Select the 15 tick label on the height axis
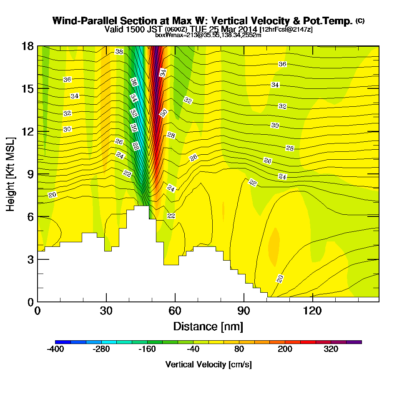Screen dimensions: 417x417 pos(27,89)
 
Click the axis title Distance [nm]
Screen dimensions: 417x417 pos(208,326)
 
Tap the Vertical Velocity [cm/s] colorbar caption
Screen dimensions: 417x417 pos(208,364)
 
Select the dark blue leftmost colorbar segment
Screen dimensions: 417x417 pos(63,342)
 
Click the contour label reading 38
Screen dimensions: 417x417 pos(119,52)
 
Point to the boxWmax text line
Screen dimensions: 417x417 pos(208,35)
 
